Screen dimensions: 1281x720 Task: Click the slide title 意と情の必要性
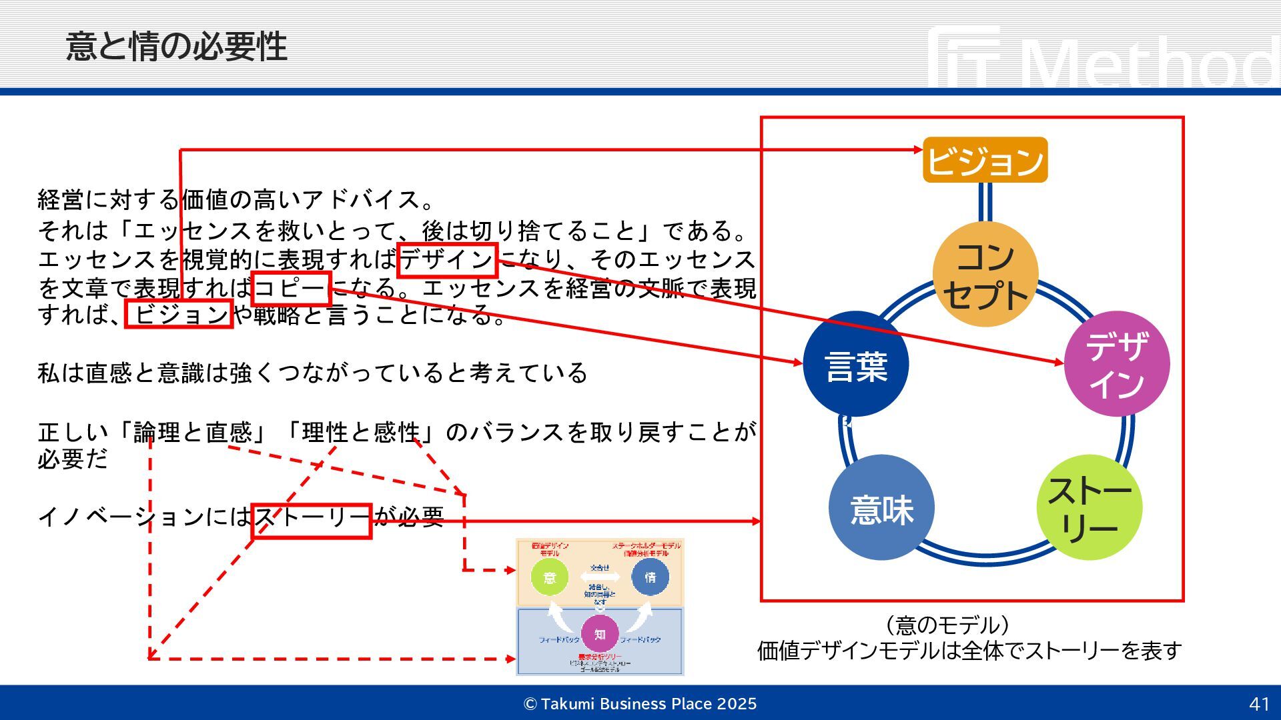(x=177, y=47)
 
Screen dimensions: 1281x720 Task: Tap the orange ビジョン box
(x=985, y=160)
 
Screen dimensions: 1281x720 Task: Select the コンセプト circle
(x=985, y=275)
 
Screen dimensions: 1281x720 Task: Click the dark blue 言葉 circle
(x=856, y=365)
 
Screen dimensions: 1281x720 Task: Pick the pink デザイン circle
(x=1116, y=364)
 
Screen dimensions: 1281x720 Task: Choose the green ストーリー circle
(x=1089, y=508)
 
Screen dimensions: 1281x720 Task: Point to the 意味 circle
(x=881, y=508)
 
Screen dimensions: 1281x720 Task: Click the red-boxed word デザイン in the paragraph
(x=447, y=260)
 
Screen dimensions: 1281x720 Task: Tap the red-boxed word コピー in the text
(x=291, y=288)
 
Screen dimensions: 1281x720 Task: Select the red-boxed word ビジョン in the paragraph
(x=179, y=314)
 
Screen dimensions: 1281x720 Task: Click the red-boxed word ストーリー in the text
(x=311, y=520)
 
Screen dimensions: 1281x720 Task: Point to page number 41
(x=1259, y=704)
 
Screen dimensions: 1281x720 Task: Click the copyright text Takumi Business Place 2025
(x=640, y=704)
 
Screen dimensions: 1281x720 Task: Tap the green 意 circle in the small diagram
(x=550, y=577)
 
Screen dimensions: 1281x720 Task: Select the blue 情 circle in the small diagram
(x=650, y=577)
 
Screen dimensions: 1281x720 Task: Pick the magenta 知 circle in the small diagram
(x=600, y=634)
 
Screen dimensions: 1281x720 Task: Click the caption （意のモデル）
(x=946, y=625)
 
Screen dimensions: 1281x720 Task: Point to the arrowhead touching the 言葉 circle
(x=799, y=363)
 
